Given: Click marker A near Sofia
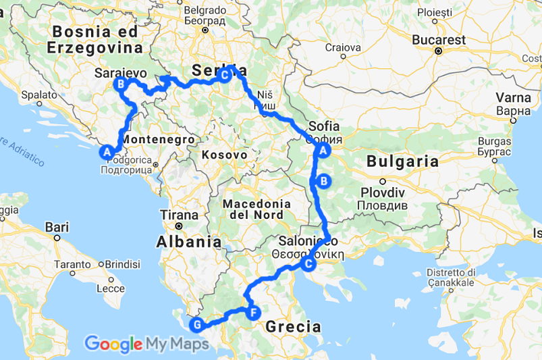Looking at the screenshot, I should click(323, 151).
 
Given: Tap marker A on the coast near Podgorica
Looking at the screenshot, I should click(106, 152).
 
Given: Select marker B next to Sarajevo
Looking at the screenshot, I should click(121, 84).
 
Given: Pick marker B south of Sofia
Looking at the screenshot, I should click(323, 180).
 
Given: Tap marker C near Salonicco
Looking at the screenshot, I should click(308, 263).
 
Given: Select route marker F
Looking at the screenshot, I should click(253, 313).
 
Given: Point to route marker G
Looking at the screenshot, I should click(196, 325).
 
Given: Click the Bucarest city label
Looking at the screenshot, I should click(439, 40).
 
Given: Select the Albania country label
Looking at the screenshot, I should click(189, 241).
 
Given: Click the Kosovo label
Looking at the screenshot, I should click(224, 155).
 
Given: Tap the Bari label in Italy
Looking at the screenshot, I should click(57, 227).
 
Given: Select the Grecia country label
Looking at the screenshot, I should click(293, 327).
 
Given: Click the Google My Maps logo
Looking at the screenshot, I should click(146, 344).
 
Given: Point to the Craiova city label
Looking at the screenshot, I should click(344, 47).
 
